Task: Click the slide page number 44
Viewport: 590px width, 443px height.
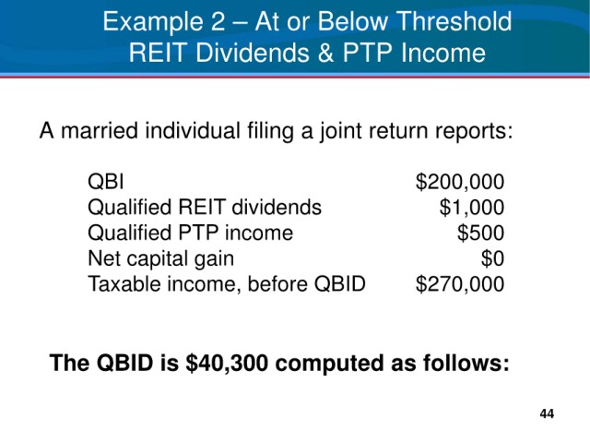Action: pos(547,413)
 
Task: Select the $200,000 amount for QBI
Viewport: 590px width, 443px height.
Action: pos(460,182)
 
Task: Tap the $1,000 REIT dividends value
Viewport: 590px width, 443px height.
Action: pos(472,207)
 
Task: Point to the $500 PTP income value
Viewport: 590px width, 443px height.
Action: pos(480,233)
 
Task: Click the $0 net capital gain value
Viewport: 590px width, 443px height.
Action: pos(492,258)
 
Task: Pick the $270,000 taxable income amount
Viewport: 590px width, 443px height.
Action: pos(460,284)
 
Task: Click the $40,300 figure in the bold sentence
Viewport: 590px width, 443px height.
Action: pos(227,363)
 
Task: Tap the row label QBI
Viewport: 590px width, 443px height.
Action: pos(106,182)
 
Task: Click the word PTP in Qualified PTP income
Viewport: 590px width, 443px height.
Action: pos(198,233)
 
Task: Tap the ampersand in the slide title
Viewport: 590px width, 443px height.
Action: pos(325,53)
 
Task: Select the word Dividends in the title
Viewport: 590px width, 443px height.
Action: pos(252,53)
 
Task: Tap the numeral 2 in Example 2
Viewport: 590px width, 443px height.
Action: pos(218,21)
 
